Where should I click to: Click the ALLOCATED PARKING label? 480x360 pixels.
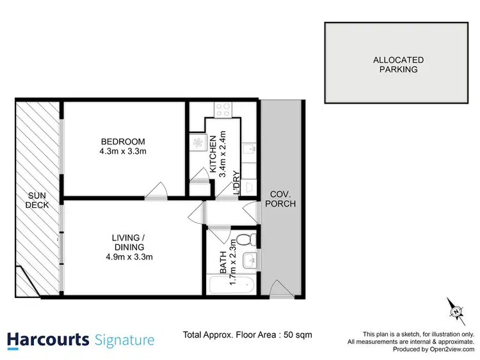(x=398, y=65)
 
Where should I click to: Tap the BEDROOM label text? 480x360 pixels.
(x=123, y=141)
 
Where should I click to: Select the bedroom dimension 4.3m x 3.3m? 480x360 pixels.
(x=123, y=152)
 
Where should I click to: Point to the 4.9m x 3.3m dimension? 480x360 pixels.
(x=134, y=257)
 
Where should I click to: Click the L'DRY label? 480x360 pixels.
(x=236, y=182)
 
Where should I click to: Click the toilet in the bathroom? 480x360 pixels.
(x=253, y=240)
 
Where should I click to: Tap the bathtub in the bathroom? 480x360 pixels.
(x=232, y=286)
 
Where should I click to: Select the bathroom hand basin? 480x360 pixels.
(x=252, y=260)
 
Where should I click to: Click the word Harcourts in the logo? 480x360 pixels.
(x=49, y=339)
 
